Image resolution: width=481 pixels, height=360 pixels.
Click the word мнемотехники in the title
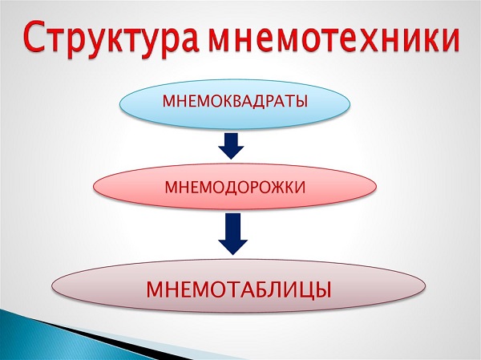tap(333, 37)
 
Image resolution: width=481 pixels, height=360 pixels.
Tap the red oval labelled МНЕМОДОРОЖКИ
tap(235, 187)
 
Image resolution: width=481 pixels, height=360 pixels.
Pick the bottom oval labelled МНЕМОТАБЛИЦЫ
tap(239, 286)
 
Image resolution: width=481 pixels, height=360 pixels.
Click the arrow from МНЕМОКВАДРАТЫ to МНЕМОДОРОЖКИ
tap(232, 146)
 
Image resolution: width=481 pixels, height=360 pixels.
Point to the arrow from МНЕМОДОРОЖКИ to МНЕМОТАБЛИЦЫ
tap(232, 234)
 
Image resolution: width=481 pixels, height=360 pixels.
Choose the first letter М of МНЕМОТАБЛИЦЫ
tap(156, 289)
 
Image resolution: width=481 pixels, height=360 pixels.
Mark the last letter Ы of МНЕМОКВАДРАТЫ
tap(300, 101)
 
